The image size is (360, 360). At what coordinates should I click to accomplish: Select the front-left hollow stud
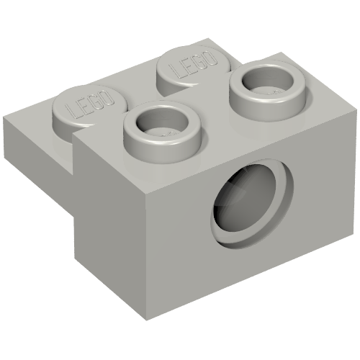(160, 127)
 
